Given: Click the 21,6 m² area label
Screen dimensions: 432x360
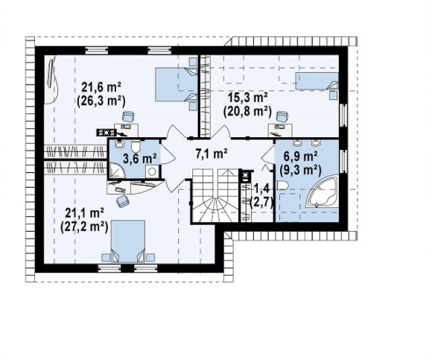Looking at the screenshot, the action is [101, 88].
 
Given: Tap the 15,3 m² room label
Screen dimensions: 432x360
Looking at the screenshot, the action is [248, 98].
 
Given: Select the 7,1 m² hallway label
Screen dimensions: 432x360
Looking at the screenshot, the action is [212, 154].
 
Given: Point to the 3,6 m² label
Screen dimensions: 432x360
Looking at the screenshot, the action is [140, 159].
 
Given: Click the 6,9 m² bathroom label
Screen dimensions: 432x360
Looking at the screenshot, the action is [300, 157].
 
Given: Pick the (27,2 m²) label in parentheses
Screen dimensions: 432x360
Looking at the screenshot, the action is [84, 227].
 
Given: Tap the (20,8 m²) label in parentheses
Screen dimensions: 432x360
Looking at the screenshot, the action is [247, 112].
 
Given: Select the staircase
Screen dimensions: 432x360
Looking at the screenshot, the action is [215, 195].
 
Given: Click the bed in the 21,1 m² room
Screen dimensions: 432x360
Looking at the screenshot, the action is [128, 241].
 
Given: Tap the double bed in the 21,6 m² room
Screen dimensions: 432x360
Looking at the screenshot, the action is [177, 84].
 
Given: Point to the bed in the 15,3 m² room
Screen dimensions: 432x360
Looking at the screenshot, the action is [317, 81].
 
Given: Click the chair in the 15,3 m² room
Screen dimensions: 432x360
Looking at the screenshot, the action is [282, 116].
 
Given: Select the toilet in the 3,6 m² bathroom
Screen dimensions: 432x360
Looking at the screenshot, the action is [136, 146].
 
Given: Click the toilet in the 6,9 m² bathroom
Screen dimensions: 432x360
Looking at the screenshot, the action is [282, 186].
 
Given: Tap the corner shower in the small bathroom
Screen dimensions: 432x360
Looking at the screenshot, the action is [116, 171].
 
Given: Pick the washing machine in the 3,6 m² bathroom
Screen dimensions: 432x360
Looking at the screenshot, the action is [151, 171].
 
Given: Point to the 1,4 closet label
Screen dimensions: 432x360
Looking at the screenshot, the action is [261, 189].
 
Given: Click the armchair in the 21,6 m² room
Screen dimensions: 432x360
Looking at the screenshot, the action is [128, 116].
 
